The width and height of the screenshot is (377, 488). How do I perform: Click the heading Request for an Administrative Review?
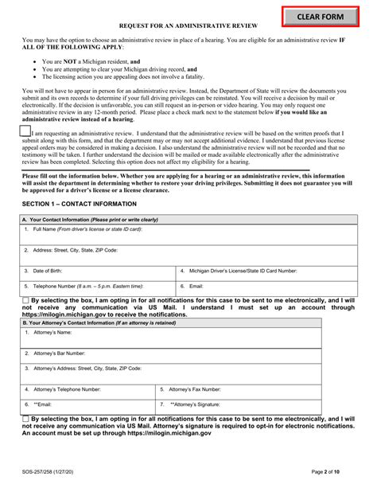coord(188,26)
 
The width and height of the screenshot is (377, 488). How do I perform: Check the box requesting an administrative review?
coord(25,131)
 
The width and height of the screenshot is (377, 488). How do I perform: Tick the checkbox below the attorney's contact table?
coord(25,419)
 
